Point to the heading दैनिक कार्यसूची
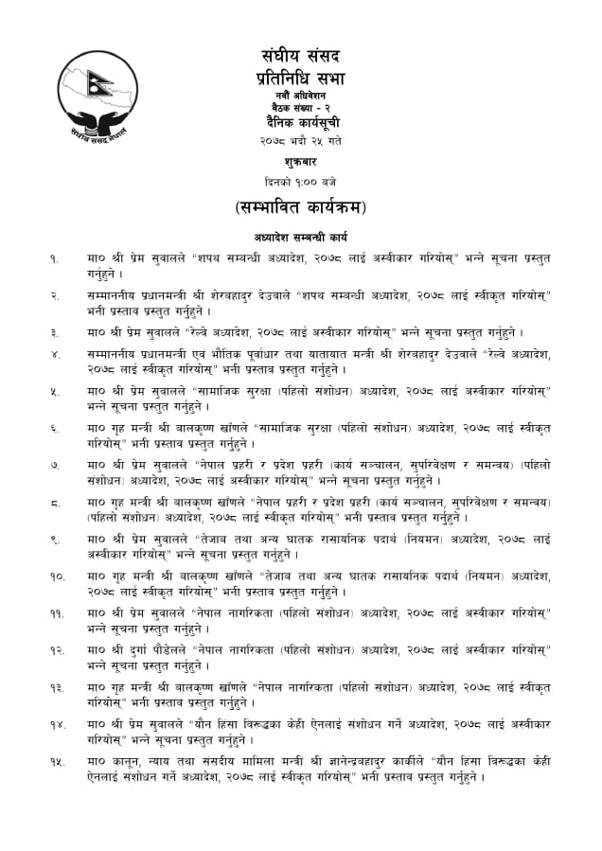(x=300, y=124)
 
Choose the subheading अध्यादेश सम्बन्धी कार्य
(x=300, y=237)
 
